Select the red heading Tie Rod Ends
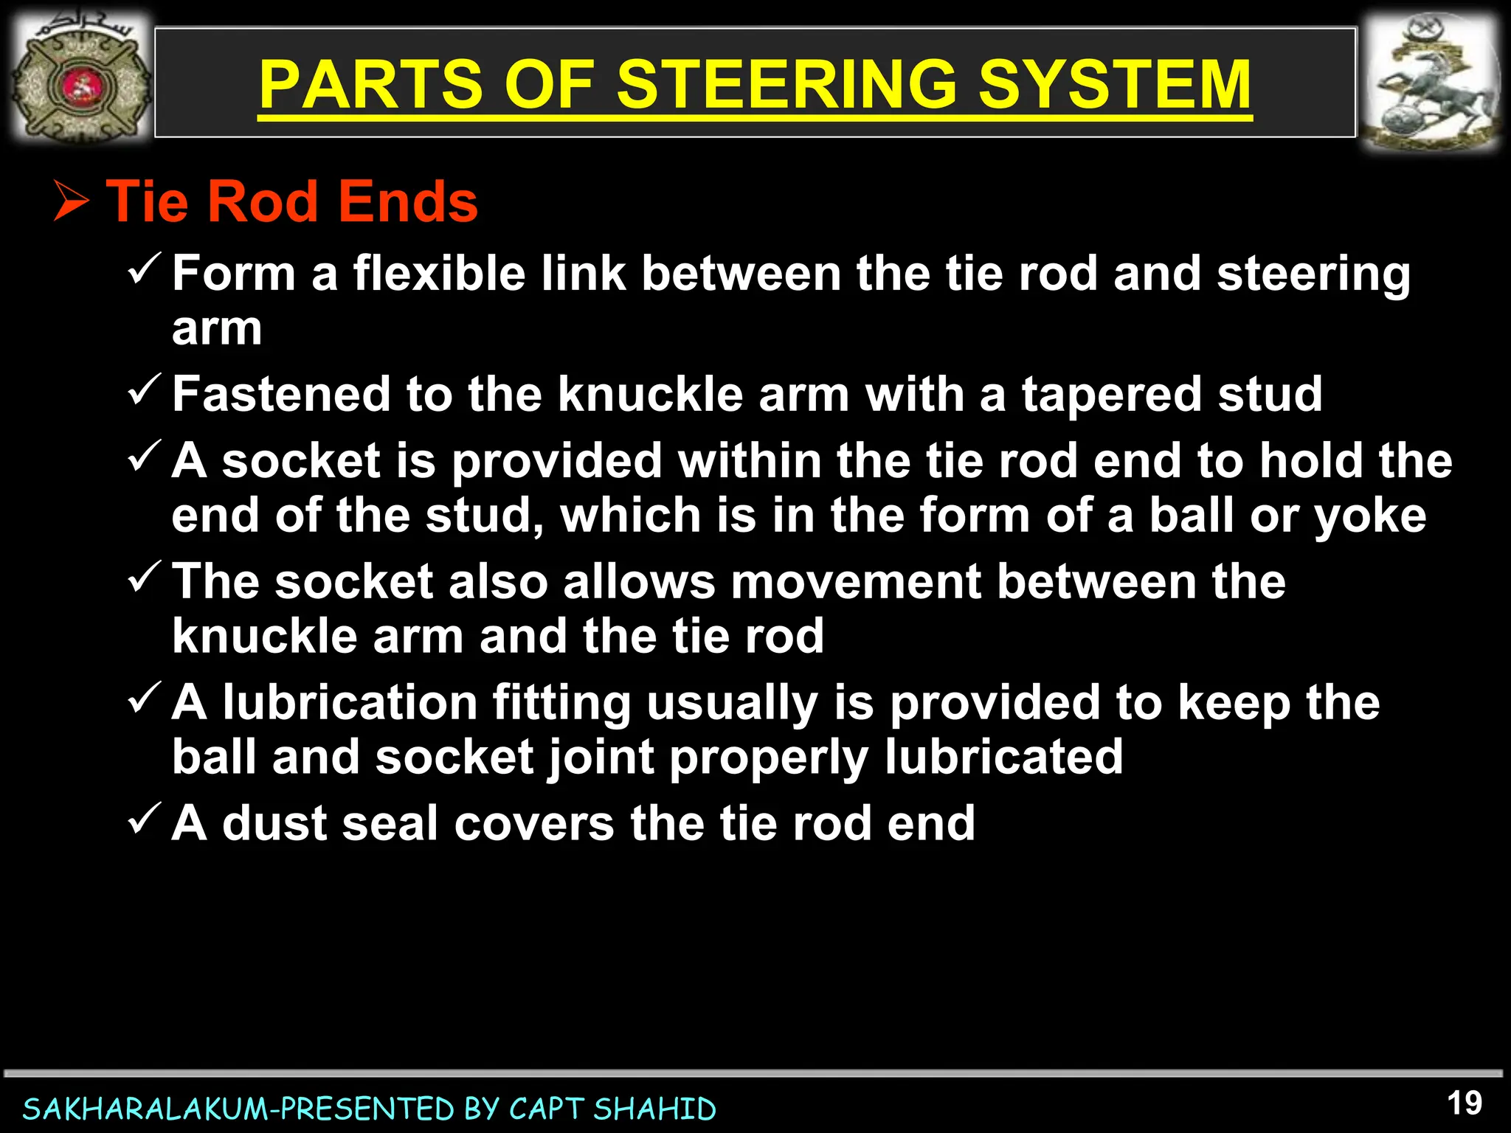(x=292, y=201)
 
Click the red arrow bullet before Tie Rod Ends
(x=72, y=202)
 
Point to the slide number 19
(x=1464, y=1103)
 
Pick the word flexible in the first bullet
(x=438, y=274)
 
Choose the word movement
(x=856, y=581)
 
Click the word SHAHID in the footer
(x=654, y=1109)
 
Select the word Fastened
(x=281, y=394)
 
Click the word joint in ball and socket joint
(x=600, y=757)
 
